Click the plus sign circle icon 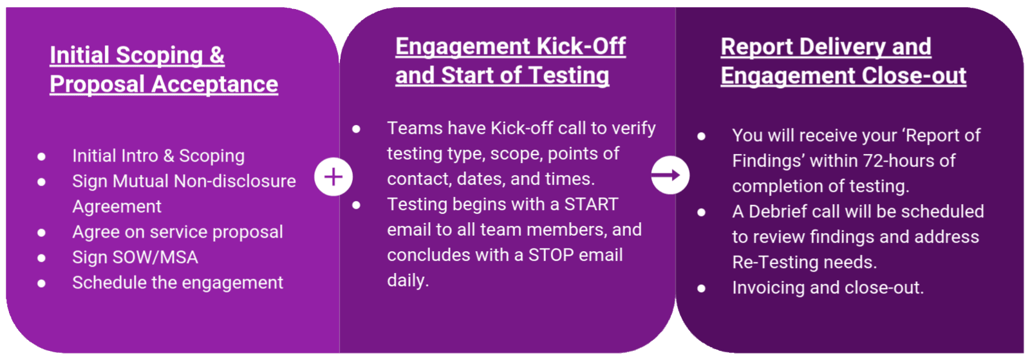[x=333, y=177]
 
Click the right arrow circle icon [x=670, y=175]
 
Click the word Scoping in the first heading [x=160, y=55]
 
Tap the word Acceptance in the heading [x=215, y=84]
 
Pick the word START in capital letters [x=592, y=204]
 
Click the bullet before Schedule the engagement [x=41, y=283]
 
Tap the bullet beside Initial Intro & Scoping [x=41, y=156]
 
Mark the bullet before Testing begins [x=357, y=205]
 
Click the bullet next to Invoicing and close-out [x=701, y=289]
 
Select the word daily [x=408, y=280]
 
